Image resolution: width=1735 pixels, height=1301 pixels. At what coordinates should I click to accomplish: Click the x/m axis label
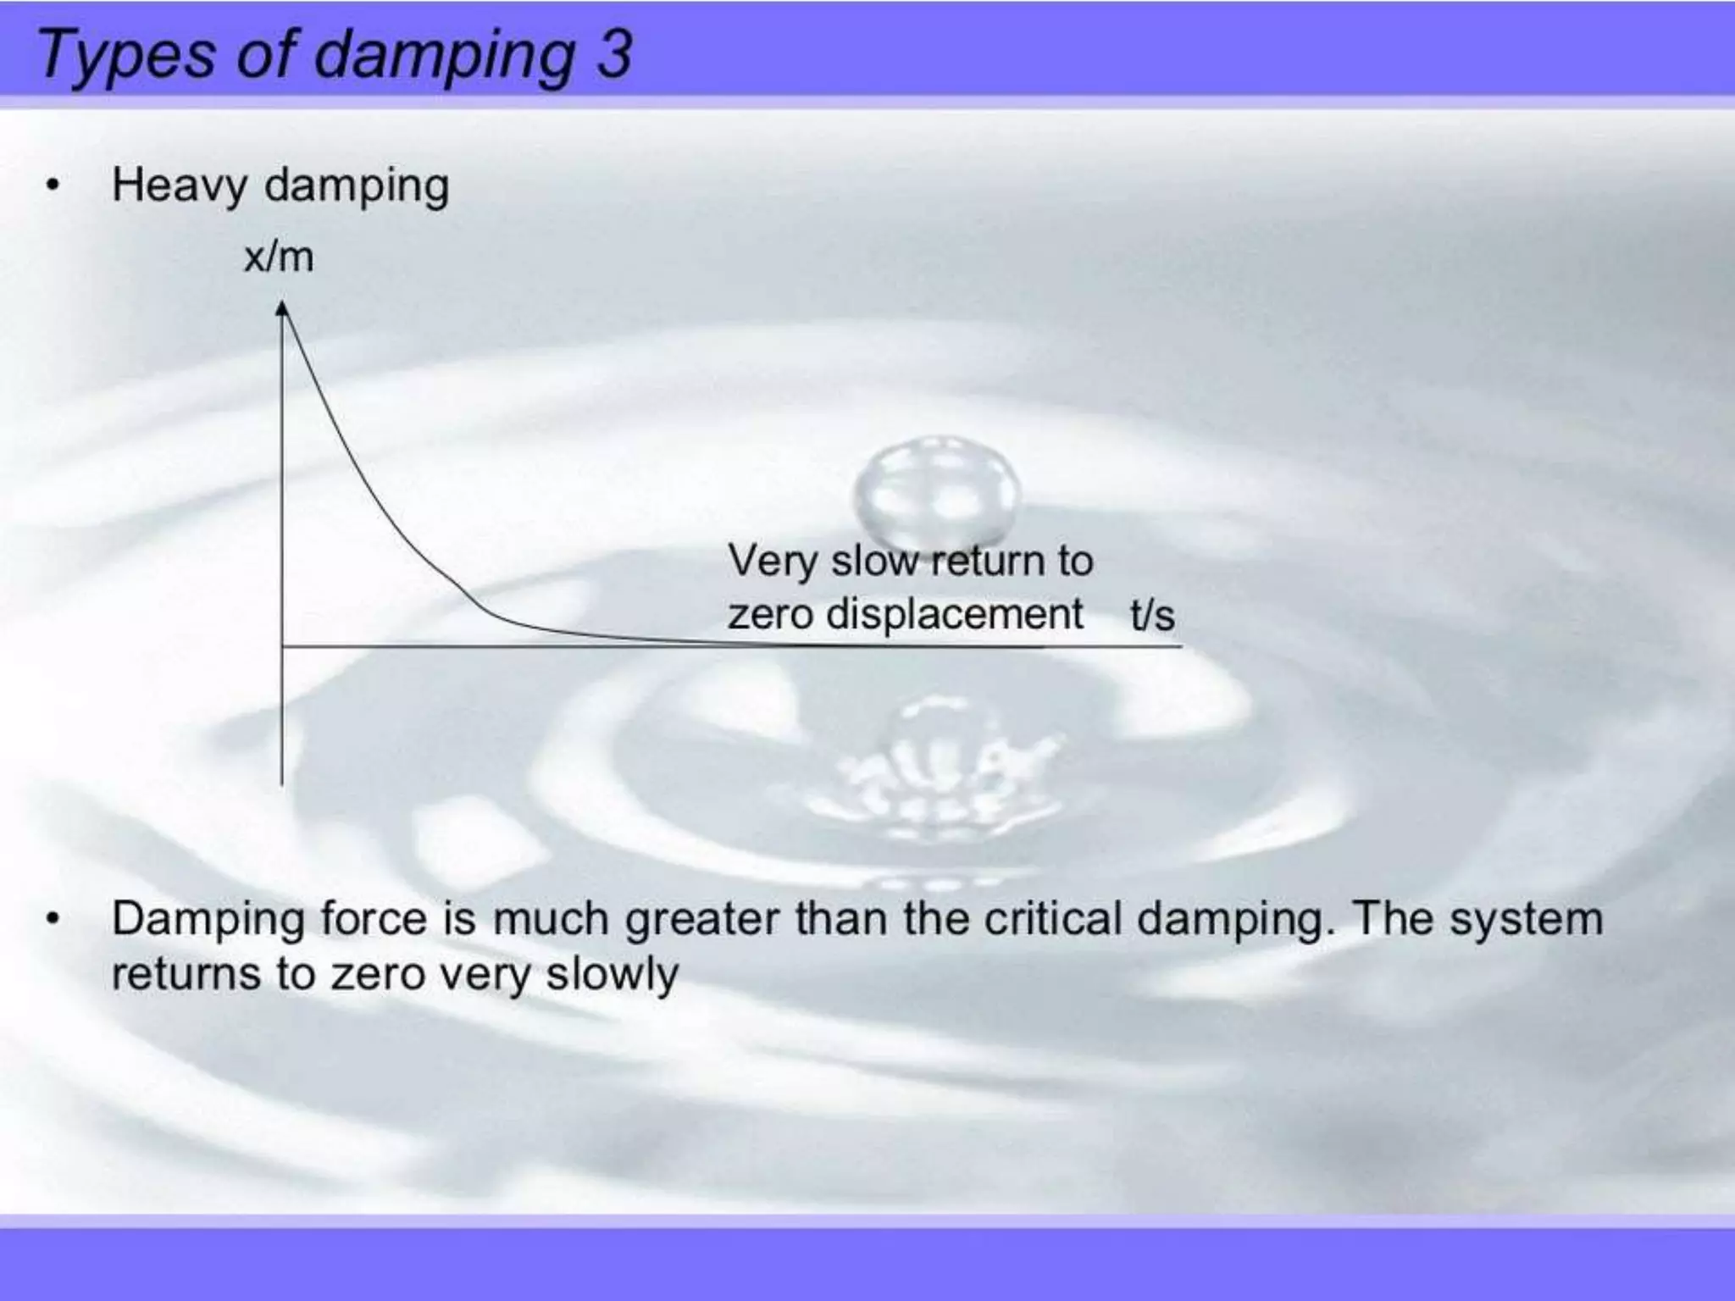point(279,256)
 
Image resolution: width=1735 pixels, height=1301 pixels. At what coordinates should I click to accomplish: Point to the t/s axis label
point(1152,614)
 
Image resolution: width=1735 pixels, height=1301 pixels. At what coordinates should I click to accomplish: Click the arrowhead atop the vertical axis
point(283,310)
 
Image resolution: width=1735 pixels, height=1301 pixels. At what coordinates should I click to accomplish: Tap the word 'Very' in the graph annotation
point(771,562)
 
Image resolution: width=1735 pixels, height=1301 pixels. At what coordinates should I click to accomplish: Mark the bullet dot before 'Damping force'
point(53,919)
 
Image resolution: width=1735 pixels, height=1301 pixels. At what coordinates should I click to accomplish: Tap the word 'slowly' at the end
point(612,975)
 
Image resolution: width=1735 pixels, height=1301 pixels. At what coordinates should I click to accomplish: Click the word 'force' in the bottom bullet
point(373,919)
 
